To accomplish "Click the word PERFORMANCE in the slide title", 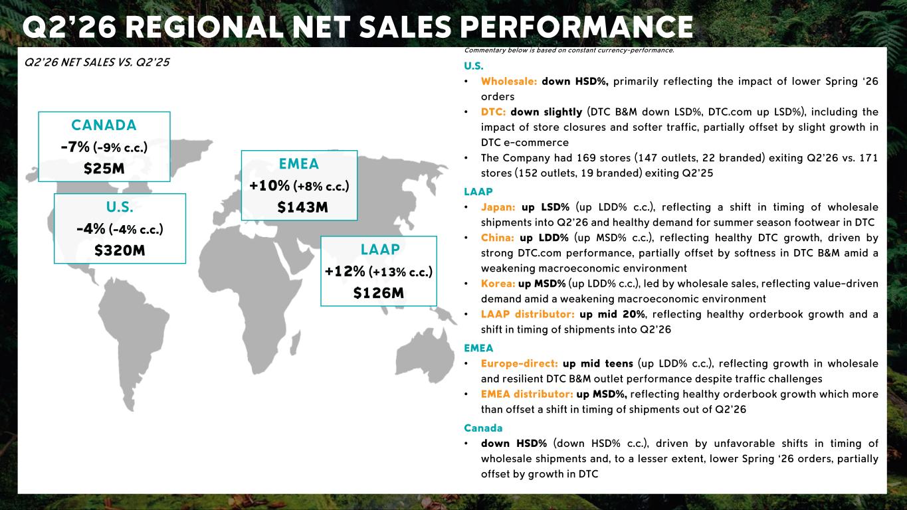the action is [577, 27].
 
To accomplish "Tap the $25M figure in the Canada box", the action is [104, 169].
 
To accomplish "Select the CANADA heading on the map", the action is [104, 125].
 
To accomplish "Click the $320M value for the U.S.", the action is [120, 250].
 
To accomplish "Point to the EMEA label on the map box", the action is [299, 164].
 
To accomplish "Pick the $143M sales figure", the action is [302, 207].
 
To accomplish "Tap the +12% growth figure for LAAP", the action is [345, 271].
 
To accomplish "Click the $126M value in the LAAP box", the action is [379, 293].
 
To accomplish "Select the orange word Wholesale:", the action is [509, 82].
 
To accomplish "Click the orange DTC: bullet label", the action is [494, 112].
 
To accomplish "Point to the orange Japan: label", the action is [498, 207].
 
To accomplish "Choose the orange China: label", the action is [498, 238].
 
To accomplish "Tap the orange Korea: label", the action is [498, 284].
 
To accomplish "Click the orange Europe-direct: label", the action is [520, 363].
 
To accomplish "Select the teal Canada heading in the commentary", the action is [483, 428].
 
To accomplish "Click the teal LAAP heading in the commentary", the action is [478, 192].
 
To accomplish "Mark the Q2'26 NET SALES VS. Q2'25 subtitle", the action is [97, 62].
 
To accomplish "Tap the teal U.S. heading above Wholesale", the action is [474, 66].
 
